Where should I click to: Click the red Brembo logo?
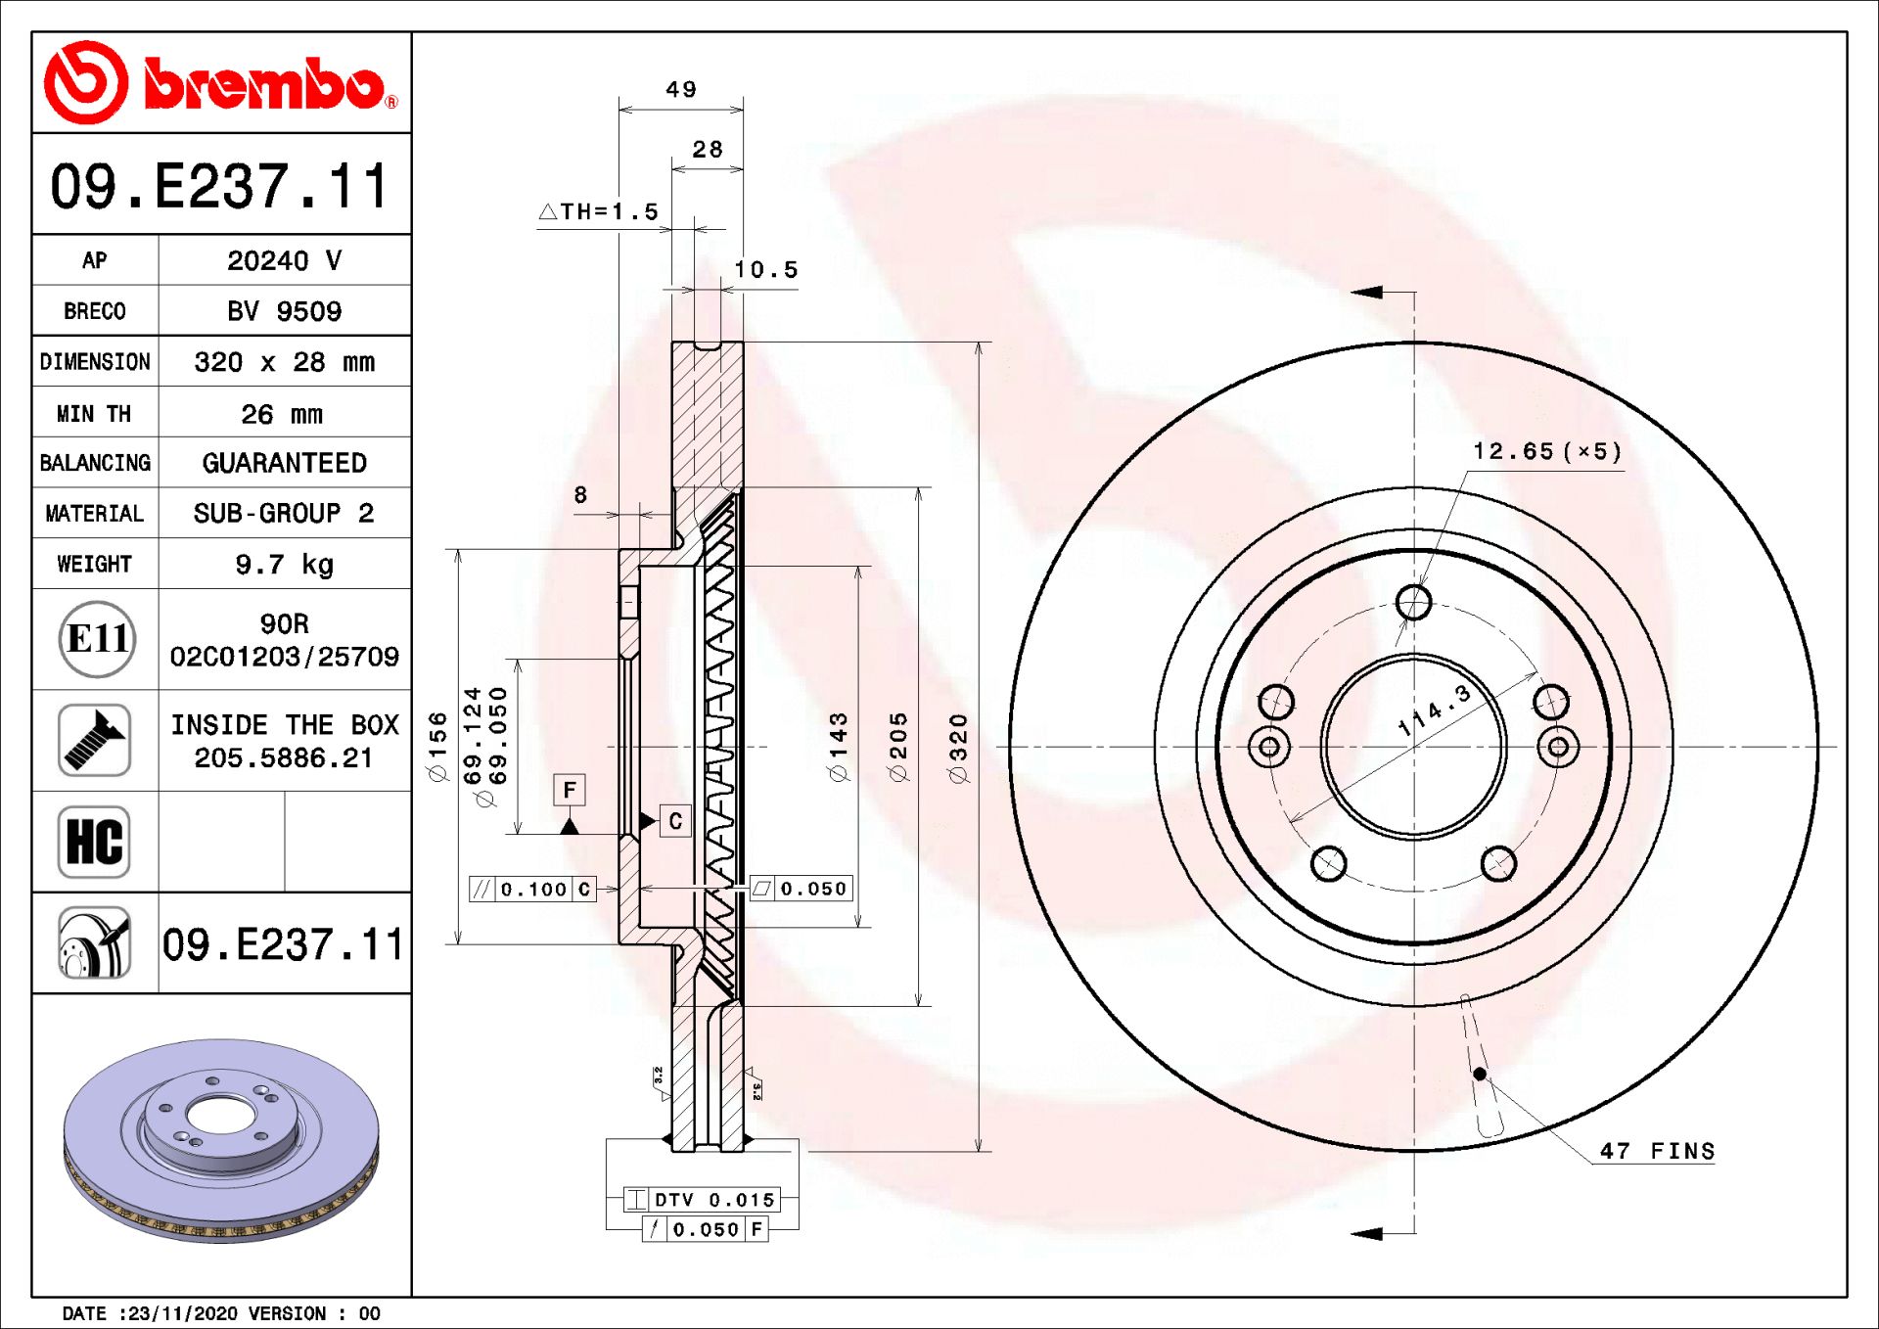(x=221, y=82)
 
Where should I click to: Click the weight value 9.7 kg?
(x=284, y=565)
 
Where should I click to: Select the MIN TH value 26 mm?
(x=282, y=414)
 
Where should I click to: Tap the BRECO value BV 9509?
(x=284, y=311)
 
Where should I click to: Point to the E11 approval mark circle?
(x=96, y=639)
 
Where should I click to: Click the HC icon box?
(x=94, y=842)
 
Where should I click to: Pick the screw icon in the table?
(x=94, y=740)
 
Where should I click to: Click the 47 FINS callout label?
(x=1657, y=1151)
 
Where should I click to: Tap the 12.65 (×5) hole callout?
(x=1547, y=451)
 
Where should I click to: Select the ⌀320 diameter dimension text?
(x=958, y=749)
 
